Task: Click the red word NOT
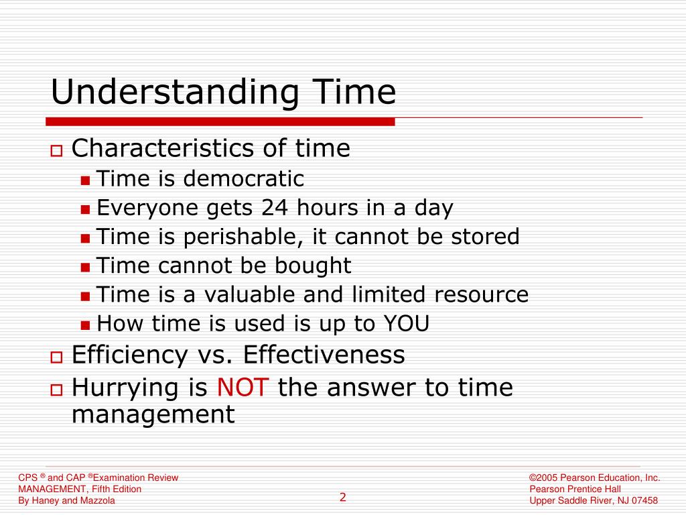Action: pyautogui.click(x=243, y=388)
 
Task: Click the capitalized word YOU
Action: pyautogui.click(x=406, y=324)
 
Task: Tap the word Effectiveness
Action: pyautogui.click(x=324, y=355)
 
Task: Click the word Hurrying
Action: pyautogui.click(x=125, y=388)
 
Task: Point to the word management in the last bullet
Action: pyautogui.click(x=153, y=414)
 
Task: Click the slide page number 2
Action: pyautogui.click(x=343, y=497)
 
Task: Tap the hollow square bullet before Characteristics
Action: pyautogui.click(x=56, y=150)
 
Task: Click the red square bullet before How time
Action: pyautogui.click(x=85, y=325)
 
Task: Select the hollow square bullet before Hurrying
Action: pyautogui.click(x=56, y=390)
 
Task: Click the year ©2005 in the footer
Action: pyautogui.click(x=543, y=477)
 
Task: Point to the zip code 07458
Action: pyautogui.click(x=644, y=501)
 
